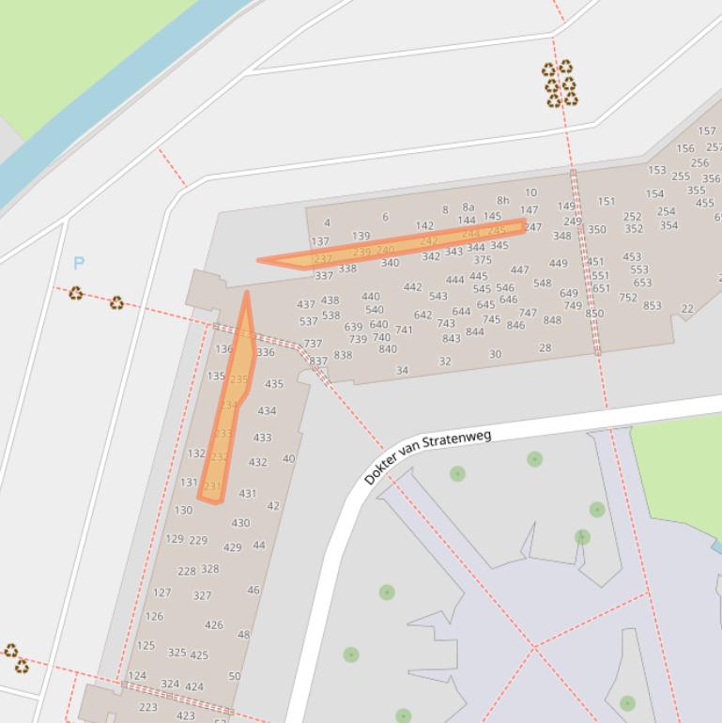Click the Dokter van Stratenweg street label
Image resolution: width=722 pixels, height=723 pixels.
click(427, 457)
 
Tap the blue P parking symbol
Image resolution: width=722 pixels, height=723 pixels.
click(79, 264)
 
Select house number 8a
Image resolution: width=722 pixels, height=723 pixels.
click(469, 208)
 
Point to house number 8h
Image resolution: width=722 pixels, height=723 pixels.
click(503, 200)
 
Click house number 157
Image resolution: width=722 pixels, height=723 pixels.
click(707, 131)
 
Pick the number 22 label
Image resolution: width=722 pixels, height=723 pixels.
click(687, 309)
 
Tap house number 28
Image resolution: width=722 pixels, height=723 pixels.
click(545, 347)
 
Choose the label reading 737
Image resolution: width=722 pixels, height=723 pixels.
click(313, 344)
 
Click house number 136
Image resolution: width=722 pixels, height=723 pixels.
click(223, 349)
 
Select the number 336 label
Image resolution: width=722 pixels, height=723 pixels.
click(266, 353)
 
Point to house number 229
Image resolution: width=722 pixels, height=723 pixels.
click(198, 540)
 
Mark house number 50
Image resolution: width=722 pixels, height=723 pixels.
click(235, 675)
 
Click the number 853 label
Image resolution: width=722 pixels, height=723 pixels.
click(652, 305)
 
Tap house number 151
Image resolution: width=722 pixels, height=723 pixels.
click(607, 201)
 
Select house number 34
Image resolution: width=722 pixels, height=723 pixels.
click(402, 370)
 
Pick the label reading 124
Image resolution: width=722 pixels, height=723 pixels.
click(137, 675)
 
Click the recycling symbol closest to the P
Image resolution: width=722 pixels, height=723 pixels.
click(76, 294)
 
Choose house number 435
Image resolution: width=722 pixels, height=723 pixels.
click(274, 384)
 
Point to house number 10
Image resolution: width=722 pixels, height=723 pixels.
click(531, 192)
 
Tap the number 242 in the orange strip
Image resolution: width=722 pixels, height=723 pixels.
click(428, 241)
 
